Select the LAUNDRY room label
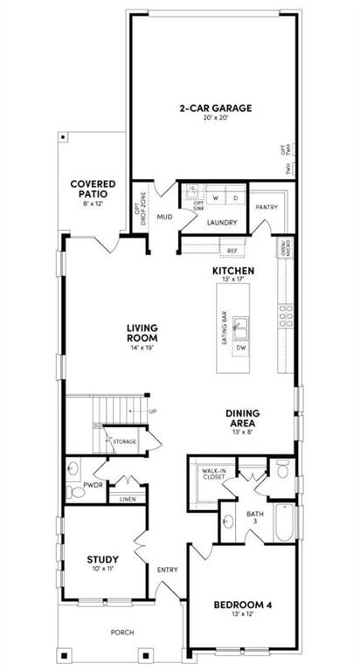(222, 223)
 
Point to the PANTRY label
(266, 208)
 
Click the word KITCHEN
(233, 272)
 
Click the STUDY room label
(102, 559)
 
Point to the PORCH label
(121, 633)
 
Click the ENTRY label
(167, 571)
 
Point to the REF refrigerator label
(232, 251)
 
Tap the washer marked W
(213, 197)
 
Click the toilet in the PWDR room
(77, 493)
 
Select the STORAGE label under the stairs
(124, 442)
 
